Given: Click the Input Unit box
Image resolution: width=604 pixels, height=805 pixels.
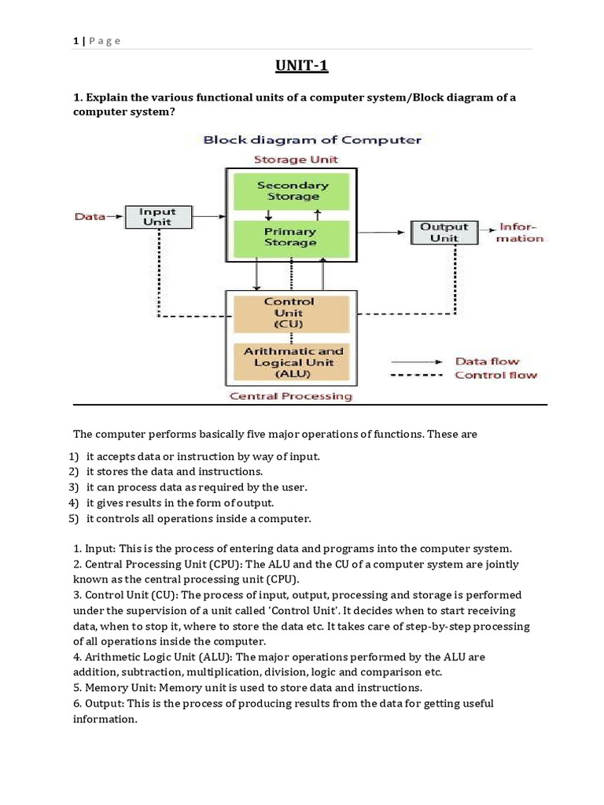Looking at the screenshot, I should point(157,217).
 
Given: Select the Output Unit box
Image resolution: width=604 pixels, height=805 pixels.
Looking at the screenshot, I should point(444,232).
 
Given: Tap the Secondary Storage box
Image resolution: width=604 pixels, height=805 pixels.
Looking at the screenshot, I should point(293,190).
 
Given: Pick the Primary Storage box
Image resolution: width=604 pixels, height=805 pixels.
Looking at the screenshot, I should point(290,237).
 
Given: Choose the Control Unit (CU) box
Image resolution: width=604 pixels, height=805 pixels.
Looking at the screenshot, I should point(289,312).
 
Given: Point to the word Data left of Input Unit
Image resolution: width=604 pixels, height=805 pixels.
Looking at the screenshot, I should point(90,216).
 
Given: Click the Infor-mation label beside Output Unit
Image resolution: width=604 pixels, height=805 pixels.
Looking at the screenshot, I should point(521,232).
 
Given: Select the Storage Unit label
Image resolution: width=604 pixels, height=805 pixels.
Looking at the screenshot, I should point(295,160).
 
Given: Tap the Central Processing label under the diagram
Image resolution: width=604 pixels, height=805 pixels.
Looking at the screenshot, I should point(291,396).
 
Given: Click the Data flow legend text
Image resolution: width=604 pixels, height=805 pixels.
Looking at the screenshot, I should point(488,362).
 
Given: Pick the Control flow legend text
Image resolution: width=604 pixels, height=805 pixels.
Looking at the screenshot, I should point(495,375).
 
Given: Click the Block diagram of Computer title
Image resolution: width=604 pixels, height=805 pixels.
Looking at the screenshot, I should point(312,140).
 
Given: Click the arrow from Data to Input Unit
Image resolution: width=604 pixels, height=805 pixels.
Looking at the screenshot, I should point(115,214).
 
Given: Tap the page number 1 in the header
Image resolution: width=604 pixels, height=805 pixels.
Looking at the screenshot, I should point(74,41).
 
